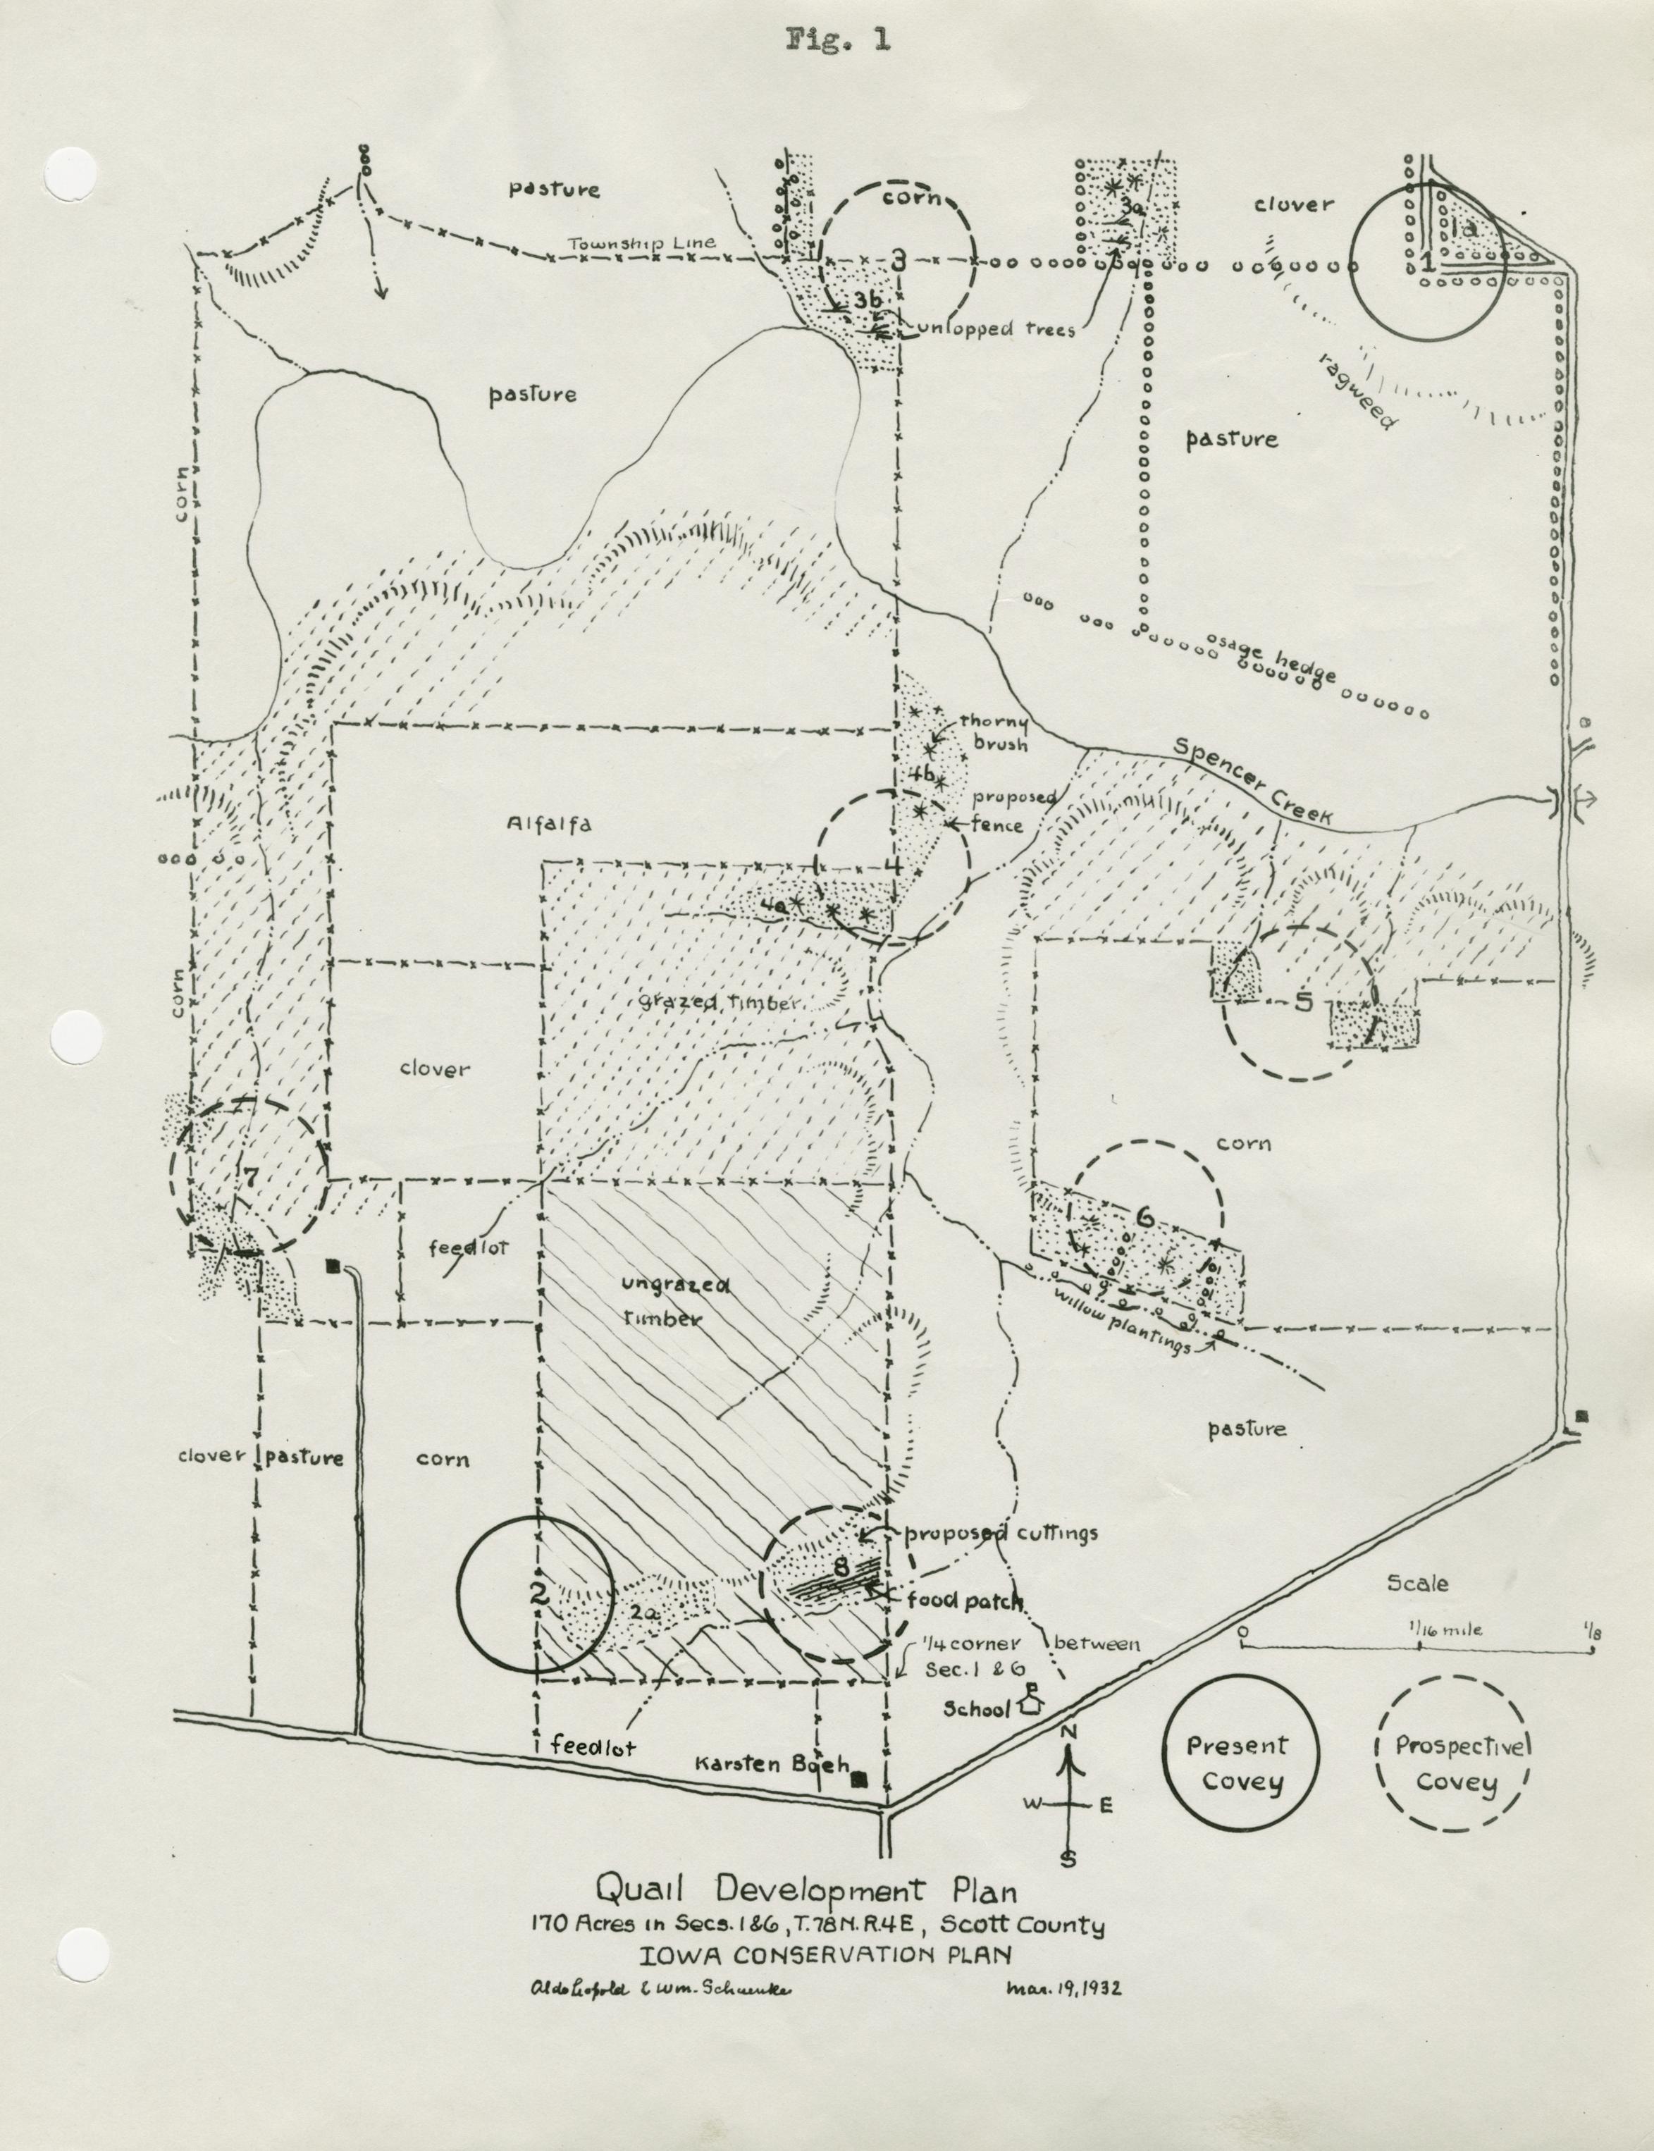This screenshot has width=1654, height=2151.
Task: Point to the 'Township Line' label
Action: tap(641, 244)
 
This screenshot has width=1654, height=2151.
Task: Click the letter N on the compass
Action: tap(1070, 1732)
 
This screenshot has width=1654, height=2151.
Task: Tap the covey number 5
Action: tap(1304, 1002)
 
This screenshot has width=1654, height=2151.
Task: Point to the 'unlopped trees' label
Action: tap(995, 329)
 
